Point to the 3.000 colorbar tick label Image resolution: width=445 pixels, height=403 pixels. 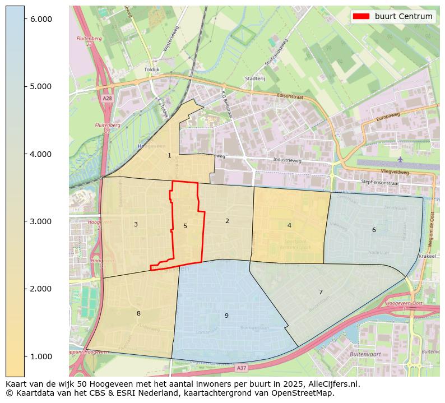tap(40, 221)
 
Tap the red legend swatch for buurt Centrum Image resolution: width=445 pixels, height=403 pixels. tap(361, 16)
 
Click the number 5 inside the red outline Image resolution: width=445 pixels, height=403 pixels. tap(185, 226)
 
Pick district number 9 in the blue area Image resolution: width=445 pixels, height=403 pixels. tap(226, 316)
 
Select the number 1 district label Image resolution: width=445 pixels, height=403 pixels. tap(169, 156)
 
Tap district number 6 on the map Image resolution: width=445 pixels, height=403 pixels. tap(374, 230)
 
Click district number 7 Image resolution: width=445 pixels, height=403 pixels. tap(321, 293)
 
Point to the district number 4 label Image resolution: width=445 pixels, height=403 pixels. tap(289, 226)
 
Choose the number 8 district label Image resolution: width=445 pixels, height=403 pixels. tap(138, 314)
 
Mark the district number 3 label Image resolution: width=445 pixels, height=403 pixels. tap(136, 225)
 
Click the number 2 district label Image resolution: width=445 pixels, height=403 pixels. tap(227, 221)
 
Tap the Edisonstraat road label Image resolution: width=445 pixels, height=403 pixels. tap(290, 96)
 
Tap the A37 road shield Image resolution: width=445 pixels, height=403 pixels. tap(241, 368)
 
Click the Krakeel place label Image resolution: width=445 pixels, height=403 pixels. tap(427, 256)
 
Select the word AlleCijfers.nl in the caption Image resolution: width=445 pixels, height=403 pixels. tap(326, 385)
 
